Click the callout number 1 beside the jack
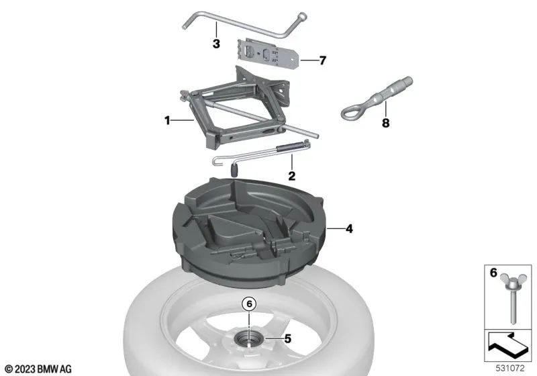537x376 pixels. (167, 121)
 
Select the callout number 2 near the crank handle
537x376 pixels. (292, 176)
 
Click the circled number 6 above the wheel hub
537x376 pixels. (249, 304)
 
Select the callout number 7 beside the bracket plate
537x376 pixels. (322, 60)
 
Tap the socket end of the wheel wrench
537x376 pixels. (302, 16)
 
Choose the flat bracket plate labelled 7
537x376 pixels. (269, 52)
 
